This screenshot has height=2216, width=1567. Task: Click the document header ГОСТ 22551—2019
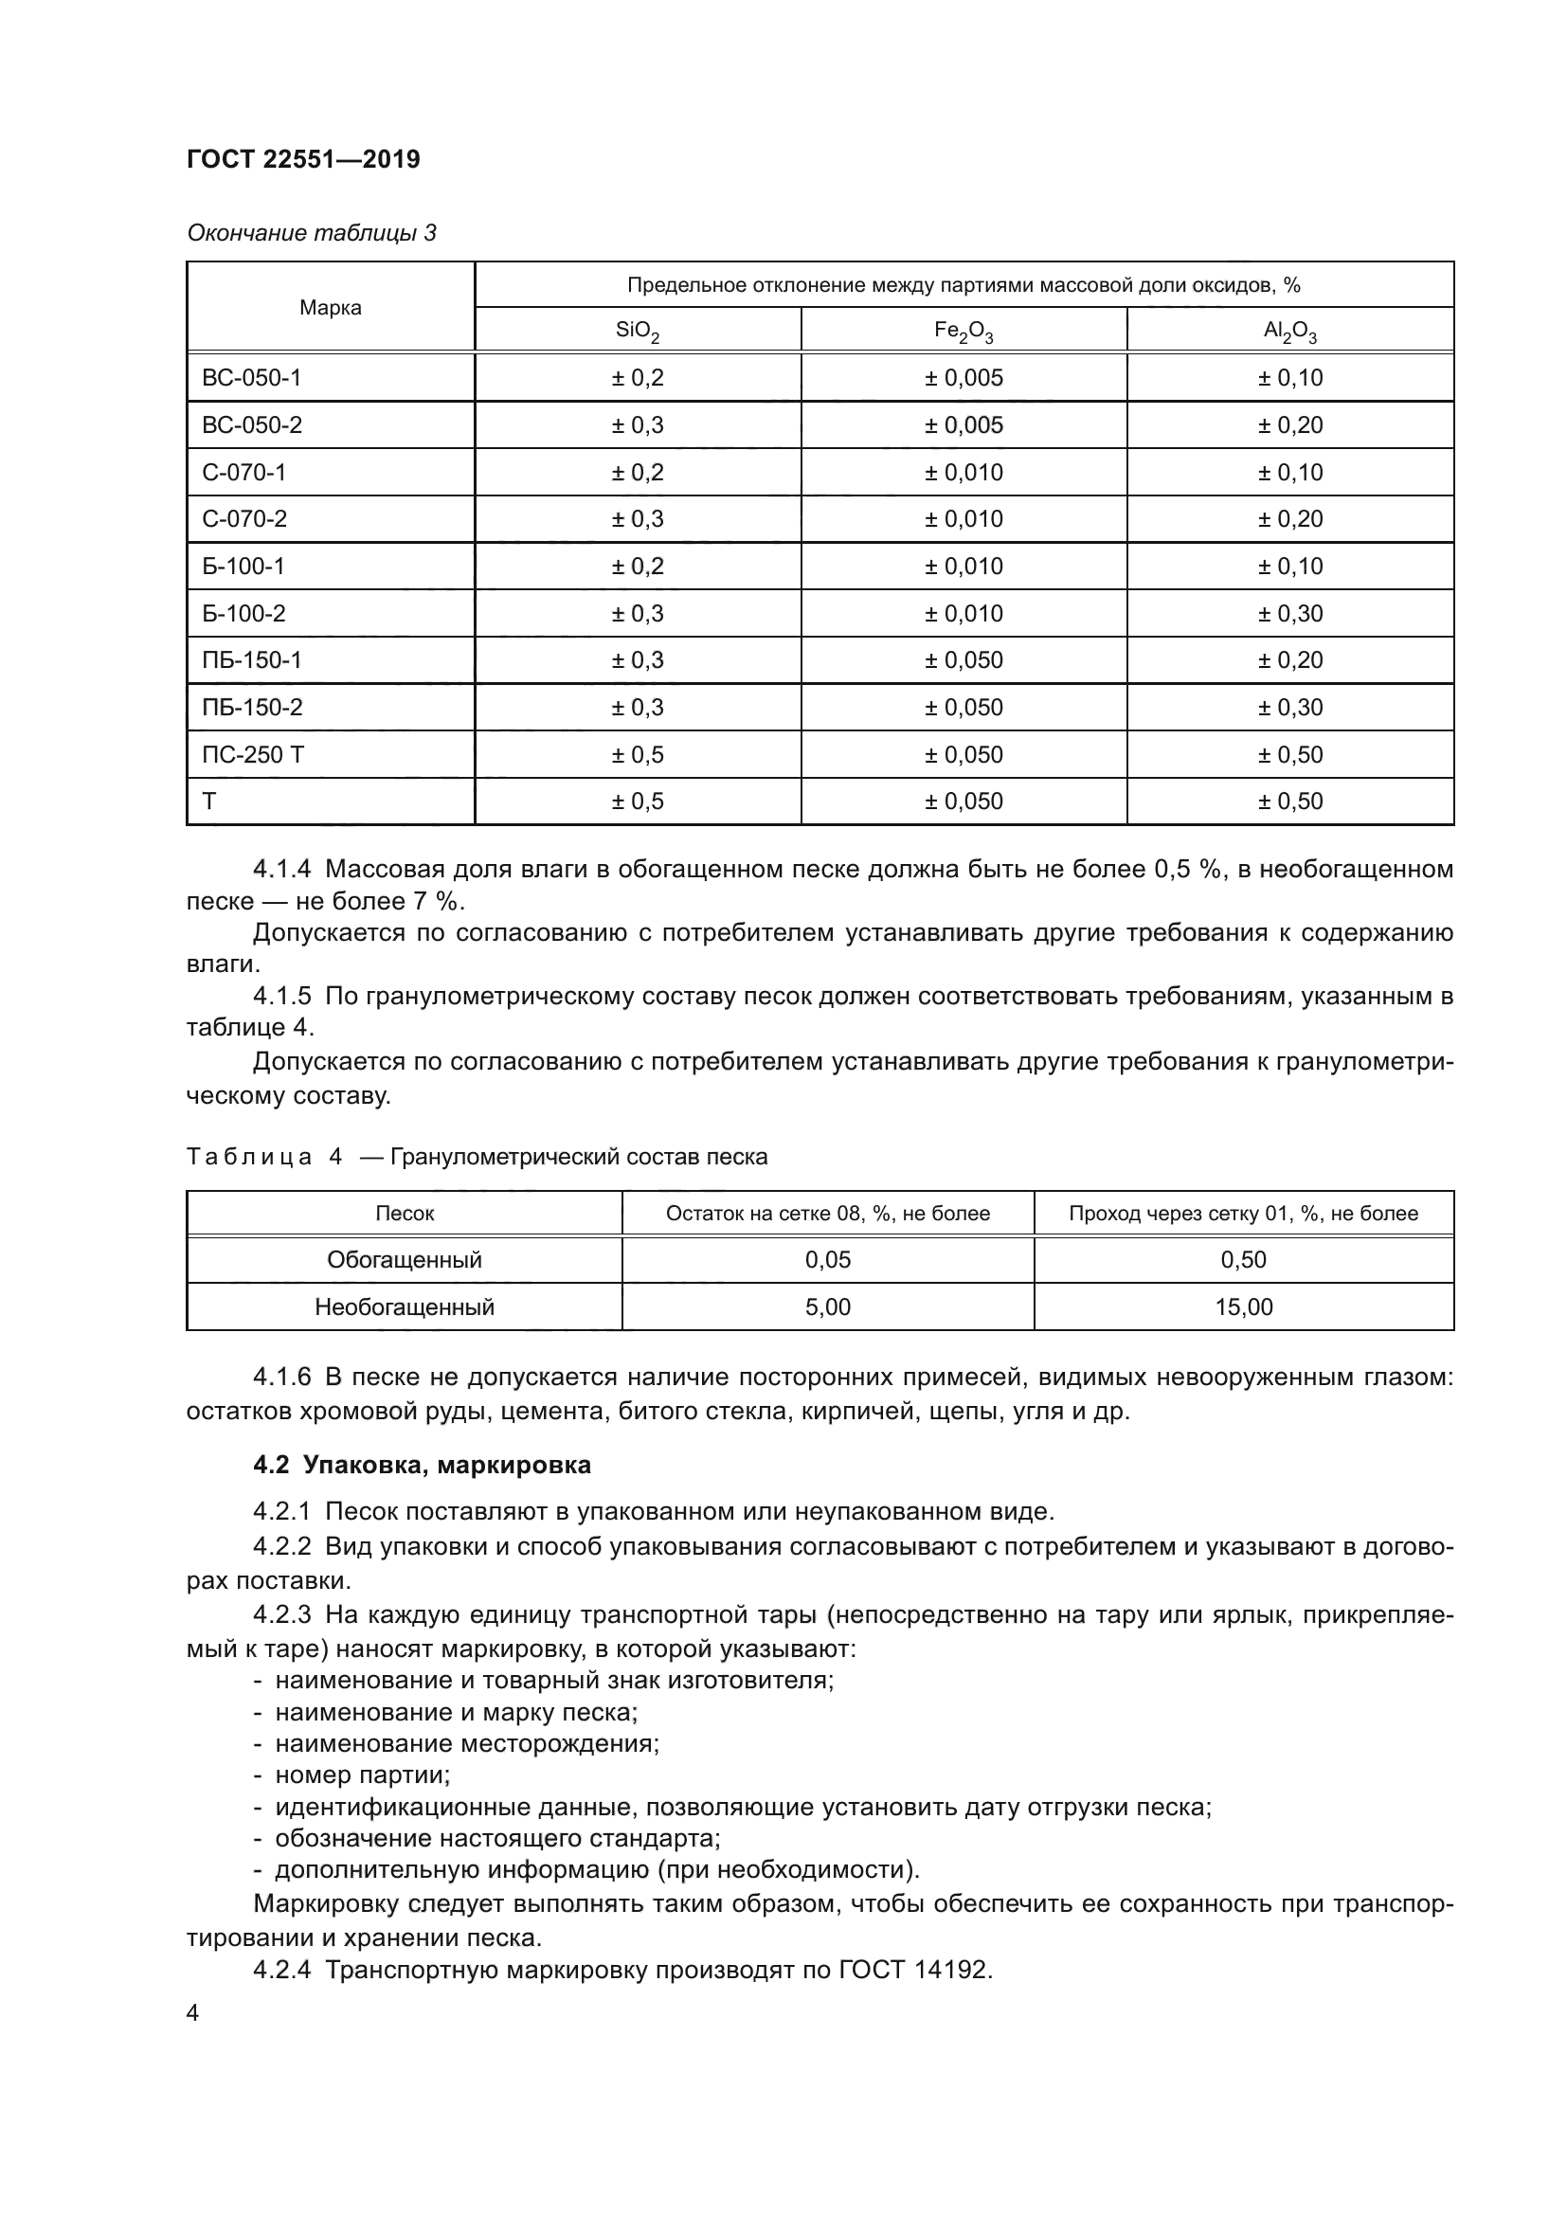click(303, 159)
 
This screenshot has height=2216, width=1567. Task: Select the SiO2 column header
click(637, 331)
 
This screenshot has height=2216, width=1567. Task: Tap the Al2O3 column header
click(1289, 331)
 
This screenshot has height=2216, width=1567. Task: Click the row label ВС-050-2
click(252, 424)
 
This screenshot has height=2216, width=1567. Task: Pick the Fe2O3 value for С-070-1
click(963, 472)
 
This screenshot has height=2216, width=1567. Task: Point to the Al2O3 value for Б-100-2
click(1289, 614)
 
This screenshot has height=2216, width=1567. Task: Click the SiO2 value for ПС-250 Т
click(637, 755)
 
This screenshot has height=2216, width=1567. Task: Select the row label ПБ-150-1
click(252, 660)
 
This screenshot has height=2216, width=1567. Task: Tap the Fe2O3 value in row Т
click(963, 802)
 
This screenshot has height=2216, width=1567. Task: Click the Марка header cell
click(330, 308)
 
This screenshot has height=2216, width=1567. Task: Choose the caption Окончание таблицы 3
click(311, 233)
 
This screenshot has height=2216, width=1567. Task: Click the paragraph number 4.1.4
click(281, 869)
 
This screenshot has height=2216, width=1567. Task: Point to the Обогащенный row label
click(405, 1259)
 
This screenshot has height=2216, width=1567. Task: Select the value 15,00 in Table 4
click(1243, 1306)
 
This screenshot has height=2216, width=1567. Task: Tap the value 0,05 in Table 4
click(827, 1259)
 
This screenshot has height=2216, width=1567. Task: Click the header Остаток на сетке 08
click(827, 1214)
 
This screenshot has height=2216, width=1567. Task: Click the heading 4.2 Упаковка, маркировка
click(422, 1465)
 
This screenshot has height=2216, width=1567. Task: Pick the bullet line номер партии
click(362, 1775)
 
